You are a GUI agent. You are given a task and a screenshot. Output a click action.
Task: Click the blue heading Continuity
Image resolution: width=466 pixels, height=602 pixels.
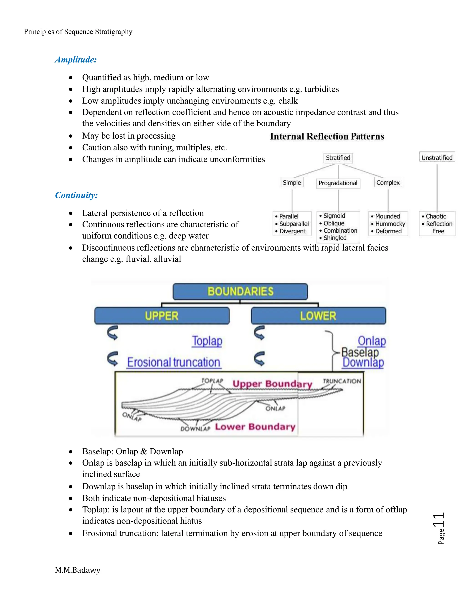76,195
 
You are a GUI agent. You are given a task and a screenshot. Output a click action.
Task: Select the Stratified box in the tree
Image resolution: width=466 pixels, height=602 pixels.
338,158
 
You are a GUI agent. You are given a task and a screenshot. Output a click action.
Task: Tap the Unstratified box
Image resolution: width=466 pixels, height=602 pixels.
437,158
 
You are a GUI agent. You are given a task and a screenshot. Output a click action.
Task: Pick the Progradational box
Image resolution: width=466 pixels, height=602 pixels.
338,183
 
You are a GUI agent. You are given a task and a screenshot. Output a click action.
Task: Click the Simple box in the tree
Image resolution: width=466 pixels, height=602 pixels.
292,182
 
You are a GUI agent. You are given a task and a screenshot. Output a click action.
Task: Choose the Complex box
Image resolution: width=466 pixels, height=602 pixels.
388,182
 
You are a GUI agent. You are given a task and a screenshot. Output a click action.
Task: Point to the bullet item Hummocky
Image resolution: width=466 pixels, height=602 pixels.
390,224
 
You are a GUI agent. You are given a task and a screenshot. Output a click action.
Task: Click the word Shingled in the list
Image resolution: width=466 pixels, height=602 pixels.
334,238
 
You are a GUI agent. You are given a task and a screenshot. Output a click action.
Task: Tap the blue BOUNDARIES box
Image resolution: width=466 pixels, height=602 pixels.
240,291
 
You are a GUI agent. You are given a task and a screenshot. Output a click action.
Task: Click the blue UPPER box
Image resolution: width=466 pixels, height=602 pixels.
162,316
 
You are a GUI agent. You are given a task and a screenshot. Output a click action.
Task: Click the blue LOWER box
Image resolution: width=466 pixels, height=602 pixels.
318,316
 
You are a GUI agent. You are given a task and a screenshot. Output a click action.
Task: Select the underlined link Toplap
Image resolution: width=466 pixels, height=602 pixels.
207,341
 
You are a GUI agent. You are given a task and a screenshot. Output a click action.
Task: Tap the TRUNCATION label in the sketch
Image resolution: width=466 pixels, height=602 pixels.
342,381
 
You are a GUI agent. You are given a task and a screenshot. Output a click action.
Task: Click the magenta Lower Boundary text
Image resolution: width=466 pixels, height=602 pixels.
255,427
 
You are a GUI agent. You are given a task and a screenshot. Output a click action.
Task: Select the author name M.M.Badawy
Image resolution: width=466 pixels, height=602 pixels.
78,570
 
